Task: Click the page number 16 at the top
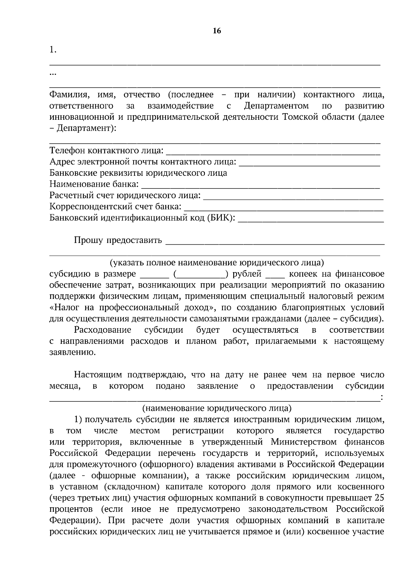[x=217, y=31]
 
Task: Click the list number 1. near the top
[x=53, y=50]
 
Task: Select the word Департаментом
[x=276, y=106]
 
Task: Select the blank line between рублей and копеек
[x=275, y=276]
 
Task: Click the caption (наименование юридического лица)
[x=217, y=408]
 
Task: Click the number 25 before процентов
[x=379, y=498]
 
